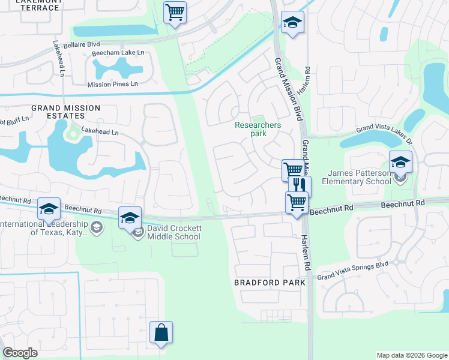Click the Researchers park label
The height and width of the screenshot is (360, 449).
[x=258, y=129]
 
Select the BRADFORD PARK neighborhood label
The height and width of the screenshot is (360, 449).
[x=270, y=282]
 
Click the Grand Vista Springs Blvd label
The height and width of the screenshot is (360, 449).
[x=353, y=270]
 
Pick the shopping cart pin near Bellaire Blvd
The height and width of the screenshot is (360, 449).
[x=175, y=12]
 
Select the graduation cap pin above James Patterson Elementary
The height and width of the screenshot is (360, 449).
[x=400, y=162]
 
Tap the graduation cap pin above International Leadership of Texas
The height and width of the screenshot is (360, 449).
[x=49, y=209]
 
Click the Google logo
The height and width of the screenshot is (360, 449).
[x=20, y=353]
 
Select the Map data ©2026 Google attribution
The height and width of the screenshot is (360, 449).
[x=411, y=355]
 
